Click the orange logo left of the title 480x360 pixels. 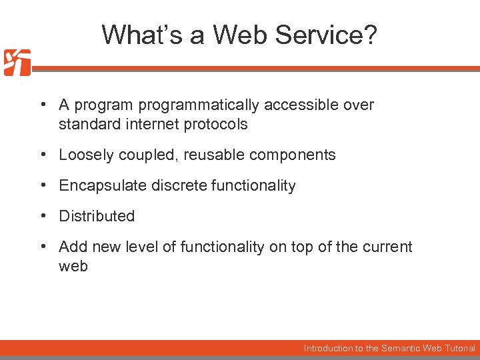[17, 63]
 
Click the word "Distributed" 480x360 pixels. [97, 217]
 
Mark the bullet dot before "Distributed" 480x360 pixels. [42, 216]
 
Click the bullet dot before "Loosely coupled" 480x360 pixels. [42, 155]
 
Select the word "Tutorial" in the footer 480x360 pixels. [461, 348]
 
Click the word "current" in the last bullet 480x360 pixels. [387, 247]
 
